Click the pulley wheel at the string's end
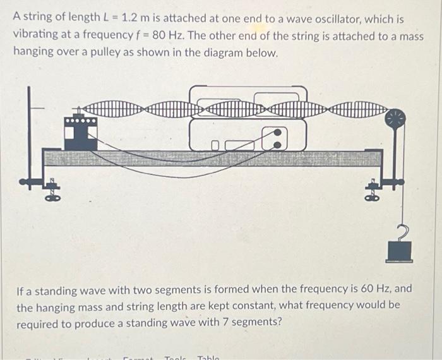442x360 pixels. (397, 117)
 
